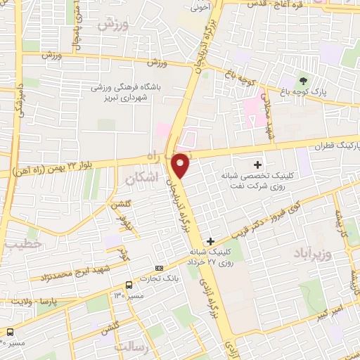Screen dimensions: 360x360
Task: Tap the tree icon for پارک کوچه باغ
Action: tap(304, 81)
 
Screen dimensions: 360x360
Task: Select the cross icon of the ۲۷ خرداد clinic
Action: tap(210, 241)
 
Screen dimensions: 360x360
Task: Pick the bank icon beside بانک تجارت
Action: tap(159, 268)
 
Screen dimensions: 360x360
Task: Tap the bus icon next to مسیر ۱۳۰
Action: tap(129, 285)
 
